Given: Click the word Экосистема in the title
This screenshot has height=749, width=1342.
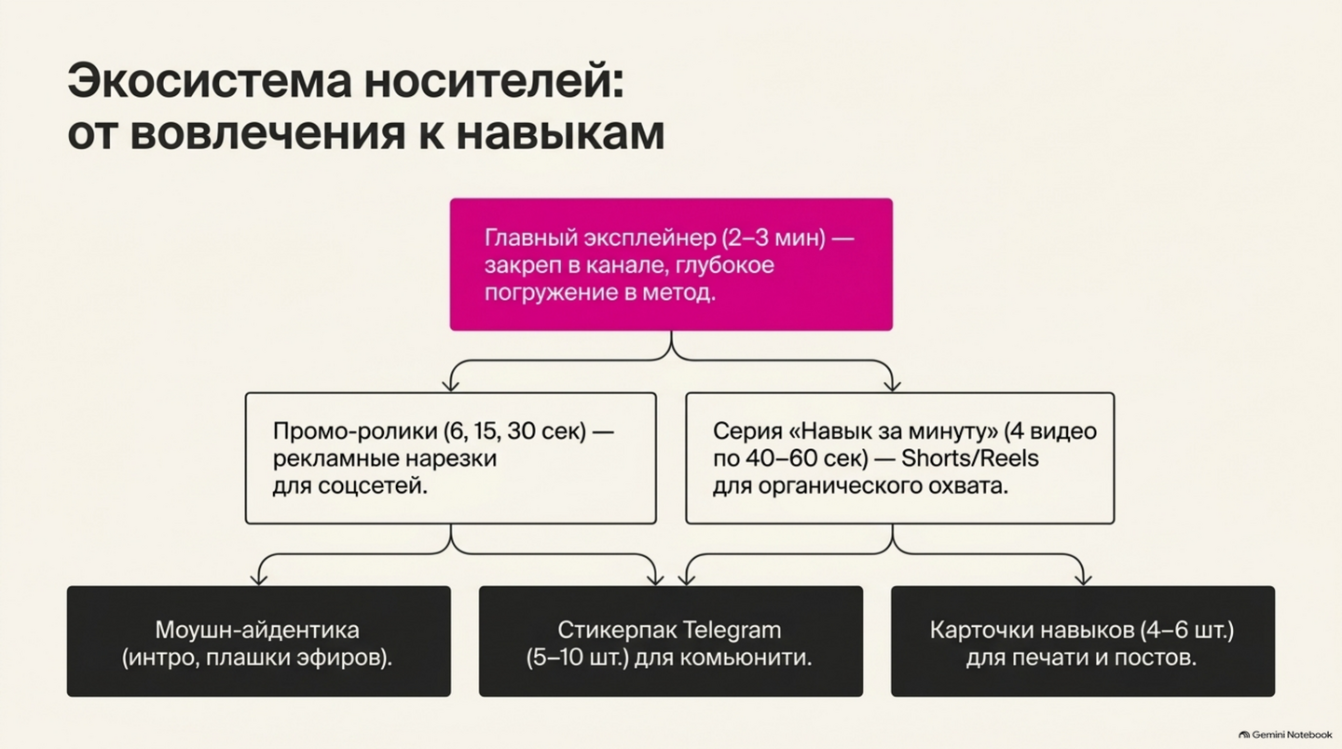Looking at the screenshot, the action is pyautogui.click(x=209, y=81).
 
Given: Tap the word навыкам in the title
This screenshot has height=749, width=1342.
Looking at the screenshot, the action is pyautogui.click(x=559, y=133).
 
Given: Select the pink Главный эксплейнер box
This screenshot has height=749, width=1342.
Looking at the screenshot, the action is pyautogui.click(x=671, y=264).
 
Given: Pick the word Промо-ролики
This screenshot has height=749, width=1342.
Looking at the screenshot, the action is pyautogui.click(x=355, y=431).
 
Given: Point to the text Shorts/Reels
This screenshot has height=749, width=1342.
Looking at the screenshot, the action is pyautogui.click(x=970, y=458).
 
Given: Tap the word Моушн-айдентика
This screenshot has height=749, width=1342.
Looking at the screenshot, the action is pyautogui.click(x=257, y=630).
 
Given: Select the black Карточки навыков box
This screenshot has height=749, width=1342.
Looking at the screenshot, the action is pyautogui.click(x=1083, y=641).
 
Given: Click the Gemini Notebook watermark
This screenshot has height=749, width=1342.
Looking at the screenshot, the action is pyautogui.click(x=1285, y=735).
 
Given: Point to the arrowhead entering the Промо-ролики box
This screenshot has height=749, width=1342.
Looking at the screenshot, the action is pyautogui.click(x=450, y=385).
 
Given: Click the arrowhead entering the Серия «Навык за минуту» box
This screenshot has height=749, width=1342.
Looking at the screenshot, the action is pyautogui.click(x=893, y=385).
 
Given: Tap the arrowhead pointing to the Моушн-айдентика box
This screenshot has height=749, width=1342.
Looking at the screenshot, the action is pyautogui.click(x=259, y=579).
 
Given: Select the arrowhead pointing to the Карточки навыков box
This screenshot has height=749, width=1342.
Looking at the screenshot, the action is pyautogui.click(x=1083, y=579).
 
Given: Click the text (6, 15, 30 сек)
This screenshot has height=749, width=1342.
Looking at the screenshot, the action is pyautogui.click(x=514, y=431).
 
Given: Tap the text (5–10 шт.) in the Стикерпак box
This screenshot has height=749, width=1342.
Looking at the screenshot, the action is pyautogui.click(x=578, y=658).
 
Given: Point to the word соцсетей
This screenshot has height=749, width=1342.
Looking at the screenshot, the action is pyautogui.click(x=372, y=485).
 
